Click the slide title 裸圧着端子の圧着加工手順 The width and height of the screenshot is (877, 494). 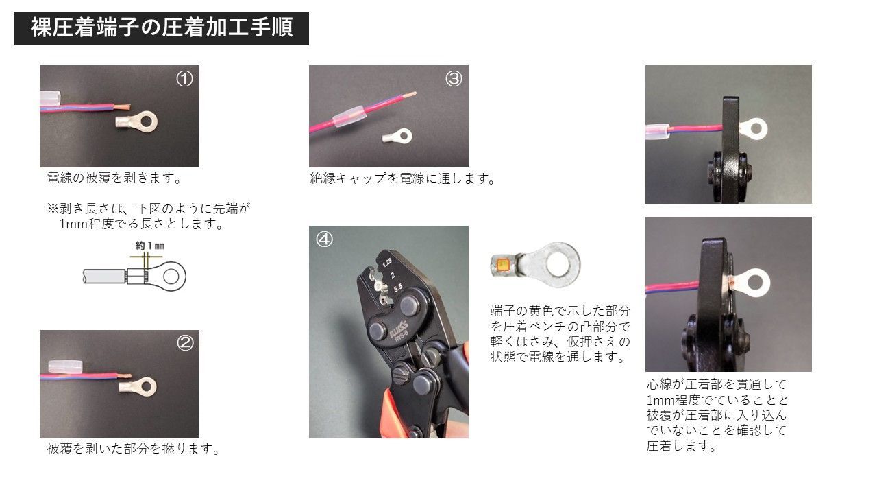162,28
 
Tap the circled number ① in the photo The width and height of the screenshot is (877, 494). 184,79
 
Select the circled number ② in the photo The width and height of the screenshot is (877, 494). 185,343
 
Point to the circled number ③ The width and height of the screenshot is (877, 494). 454,79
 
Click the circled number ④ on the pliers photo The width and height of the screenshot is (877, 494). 324,239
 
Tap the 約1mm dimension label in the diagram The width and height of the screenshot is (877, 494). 150,246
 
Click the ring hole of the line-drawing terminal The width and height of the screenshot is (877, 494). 171,277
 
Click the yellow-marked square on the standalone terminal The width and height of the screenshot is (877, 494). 502,265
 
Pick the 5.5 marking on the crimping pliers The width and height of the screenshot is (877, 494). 398,288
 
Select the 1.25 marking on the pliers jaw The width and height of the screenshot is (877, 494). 387,262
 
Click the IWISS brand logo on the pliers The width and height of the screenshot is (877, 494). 399,329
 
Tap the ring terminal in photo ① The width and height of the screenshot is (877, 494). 136,121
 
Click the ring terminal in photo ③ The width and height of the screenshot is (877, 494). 397,137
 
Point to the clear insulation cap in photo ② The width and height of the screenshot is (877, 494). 65,366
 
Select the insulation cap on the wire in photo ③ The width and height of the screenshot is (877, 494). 349,117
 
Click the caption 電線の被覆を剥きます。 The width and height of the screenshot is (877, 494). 114,178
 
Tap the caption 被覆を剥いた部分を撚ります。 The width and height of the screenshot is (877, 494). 134,449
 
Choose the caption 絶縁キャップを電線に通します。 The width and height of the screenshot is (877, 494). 404,179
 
